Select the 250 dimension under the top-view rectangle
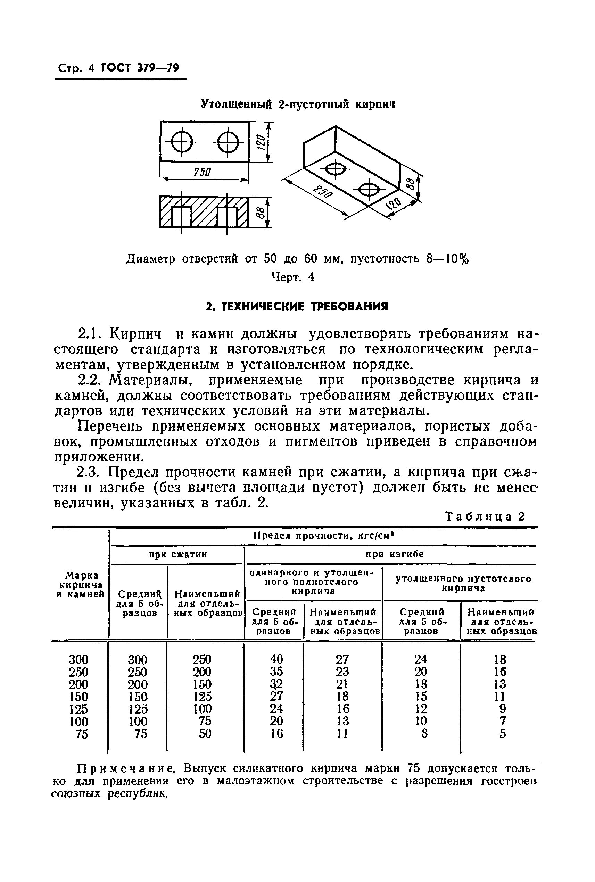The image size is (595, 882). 202,173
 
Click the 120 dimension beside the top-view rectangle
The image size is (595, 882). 260,142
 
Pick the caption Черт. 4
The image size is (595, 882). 292,278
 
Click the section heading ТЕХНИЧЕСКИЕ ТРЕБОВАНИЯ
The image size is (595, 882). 297,307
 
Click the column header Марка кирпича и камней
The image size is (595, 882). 80,585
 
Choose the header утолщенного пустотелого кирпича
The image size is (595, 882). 463,583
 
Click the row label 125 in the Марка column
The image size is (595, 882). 78,709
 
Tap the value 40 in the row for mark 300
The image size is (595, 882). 276,659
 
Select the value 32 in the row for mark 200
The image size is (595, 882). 276,684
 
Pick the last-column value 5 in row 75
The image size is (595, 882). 503,734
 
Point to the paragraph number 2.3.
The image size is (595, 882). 88,472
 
